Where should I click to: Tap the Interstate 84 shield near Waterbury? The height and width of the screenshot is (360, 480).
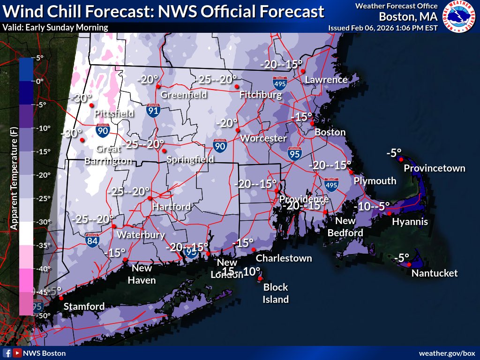92,240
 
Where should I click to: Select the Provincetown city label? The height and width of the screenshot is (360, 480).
435,168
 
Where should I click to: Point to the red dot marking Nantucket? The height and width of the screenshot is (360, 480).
409,265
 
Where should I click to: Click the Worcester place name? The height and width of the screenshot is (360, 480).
263,138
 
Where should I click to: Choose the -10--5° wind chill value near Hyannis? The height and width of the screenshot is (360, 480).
372,206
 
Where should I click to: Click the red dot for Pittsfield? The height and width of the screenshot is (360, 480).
92,105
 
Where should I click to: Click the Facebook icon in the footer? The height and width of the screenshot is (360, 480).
7,353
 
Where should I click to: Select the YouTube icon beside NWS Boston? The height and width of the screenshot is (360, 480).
17,353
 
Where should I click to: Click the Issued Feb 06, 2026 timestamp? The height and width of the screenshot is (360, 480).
383,28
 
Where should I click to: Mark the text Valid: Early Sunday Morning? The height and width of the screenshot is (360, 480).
55,28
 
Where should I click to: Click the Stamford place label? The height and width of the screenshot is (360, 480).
84,307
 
